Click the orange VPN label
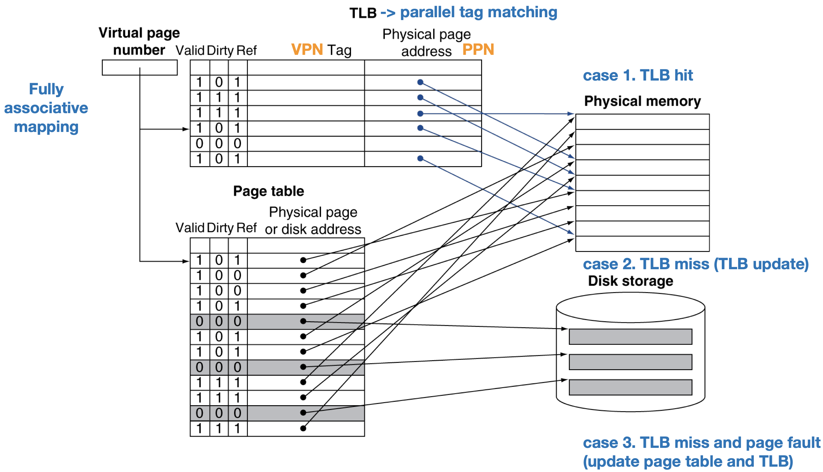point(307,49)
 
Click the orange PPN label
point(478,49)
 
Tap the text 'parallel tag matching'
point(479,12)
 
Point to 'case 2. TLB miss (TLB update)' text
point(696,264)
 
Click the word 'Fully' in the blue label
point(46,89)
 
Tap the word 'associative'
point(46,108)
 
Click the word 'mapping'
point(46,127)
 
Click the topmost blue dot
point(420,82)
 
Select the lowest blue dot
point(420,159)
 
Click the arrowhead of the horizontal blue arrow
point(571,114)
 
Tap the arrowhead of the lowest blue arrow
point(571,232)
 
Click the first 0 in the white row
point(200,144)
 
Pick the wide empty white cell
point(306,144)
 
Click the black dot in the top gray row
point(303,321)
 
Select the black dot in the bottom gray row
point(303,413)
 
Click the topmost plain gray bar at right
point(631,337)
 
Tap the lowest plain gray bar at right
point(631,387)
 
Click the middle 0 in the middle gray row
point(219,367)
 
